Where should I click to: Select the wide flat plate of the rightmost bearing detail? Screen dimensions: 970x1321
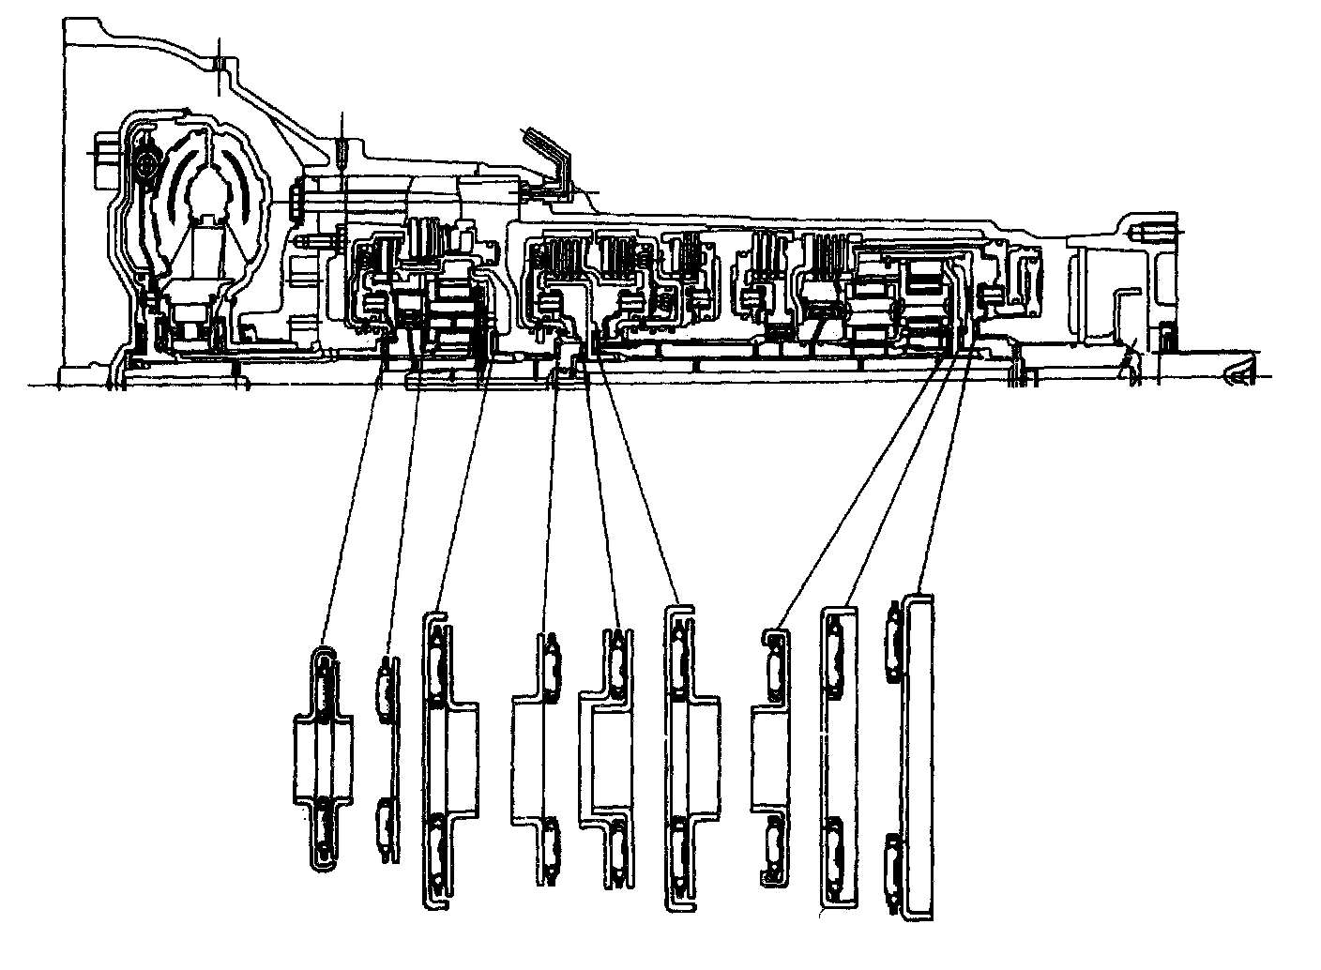pyautogui.click(x=920, y=755)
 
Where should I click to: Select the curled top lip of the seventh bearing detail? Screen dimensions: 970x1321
pyautogui.click(x=771, y=634)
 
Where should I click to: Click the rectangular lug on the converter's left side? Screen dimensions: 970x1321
pyautogui.click(x=103, y=149)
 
